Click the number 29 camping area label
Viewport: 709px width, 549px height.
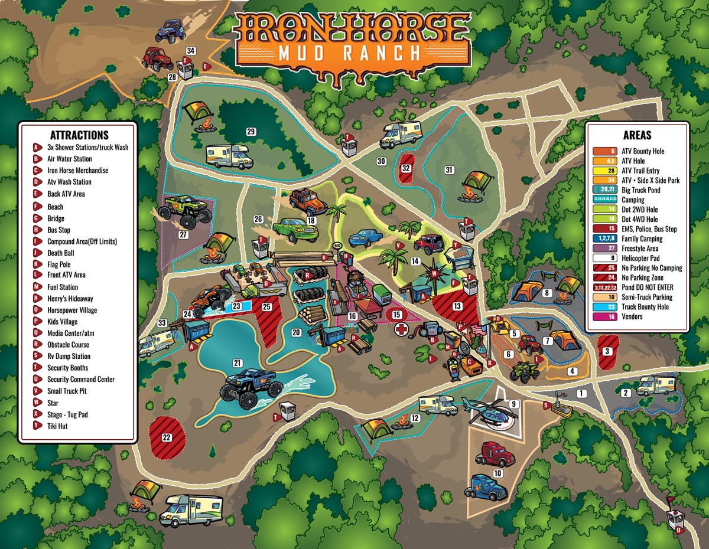[x=251, y=131]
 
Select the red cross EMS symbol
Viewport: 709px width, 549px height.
[x=402, y=328]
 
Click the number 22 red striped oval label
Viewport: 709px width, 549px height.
[x=166, y=437]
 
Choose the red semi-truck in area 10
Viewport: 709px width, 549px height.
[x=495, y=453]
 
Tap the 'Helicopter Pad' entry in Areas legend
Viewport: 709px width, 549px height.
[x=642, y=258]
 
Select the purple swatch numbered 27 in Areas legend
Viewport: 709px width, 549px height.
[x=612, y=249]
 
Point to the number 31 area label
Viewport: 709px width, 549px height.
[x=449, y=170]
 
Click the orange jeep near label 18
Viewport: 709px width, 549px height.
[x=308, y=202]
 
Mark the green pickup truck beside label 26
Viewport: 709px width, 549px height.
[x=295, y=230]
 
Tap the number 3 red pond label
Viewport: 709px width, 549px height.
[x=607, y=351]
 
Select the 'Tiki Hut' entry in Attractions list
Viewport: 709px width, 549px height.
[x=57, y=426]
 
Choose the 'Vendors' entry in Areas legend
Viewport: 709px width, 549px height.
[x=632, y=316]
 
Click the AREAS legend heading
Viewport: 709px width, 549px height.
[x=636, y=135]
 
